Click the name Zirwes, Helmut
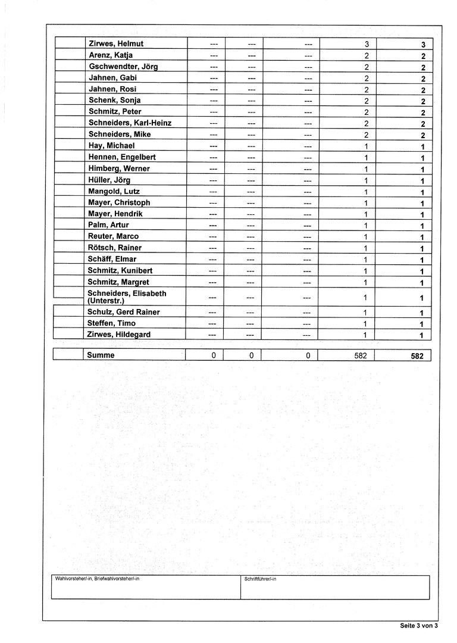[116, 44]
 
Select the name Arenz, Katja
[111, 55]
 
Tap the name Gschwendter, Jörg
[123, 67]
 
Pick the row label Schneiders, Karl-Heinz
[130, 123]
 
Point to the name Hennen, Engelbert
[122, 157]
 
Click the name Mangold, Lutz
[114, 191]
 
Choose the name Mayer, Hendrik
[115, 214]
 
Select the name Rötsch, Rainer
[115, 248]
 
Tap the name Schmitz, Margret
[118, 282]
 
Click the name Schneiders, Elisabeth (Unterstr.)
[127, 297]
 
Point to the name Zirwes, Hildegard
[119, 335]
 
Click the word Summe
[101, 355]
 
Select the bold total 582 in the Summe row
[417, 356]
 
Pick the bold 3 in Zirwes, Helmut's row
[422, 45]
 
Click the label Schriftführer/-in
[260, 579]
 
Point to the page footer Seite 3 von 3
[419, 626]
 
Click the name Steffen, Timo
[112, 323]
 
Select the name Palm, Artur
[108, 225]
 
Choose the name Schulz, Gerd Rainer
[124, 312]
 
